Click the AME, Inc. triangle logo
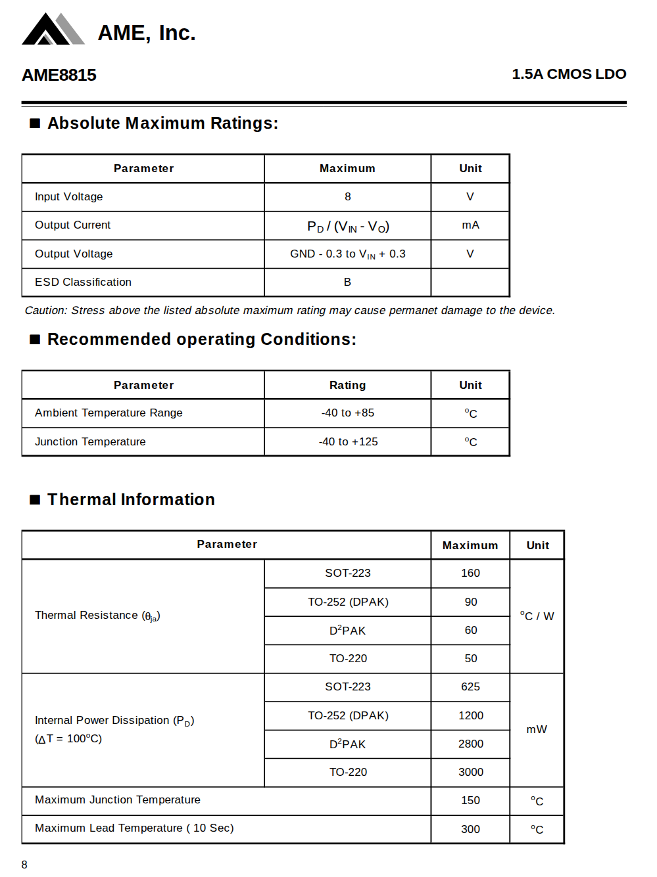[53, 30]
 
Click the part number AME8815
[59, 75]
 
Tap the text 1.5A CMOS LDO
[569, 74]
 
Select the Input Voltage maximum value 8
[347, 196]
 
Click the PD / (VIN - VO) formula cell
[348, 226]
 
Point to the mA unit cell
[470, 225]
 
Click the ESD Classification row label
[83, 282]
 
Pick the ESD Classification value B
[347, 282]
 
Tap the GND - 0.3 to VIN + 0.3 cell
[347, 254]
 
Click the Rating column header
[347, 385]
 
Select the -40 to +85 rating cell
[347, 413]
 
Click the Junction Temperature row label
[90, 441]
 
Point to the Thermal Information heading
[131, 499]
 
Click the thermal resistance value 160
[470, 573]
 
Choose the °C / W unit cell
[537, 616]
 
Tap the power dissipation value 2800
[470, 744]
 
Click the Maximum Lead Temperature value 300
[470, 829]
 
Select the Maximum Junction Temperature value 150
[470, 800]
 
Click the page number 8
[24, 865]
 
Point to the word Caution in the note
[45, 310]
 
